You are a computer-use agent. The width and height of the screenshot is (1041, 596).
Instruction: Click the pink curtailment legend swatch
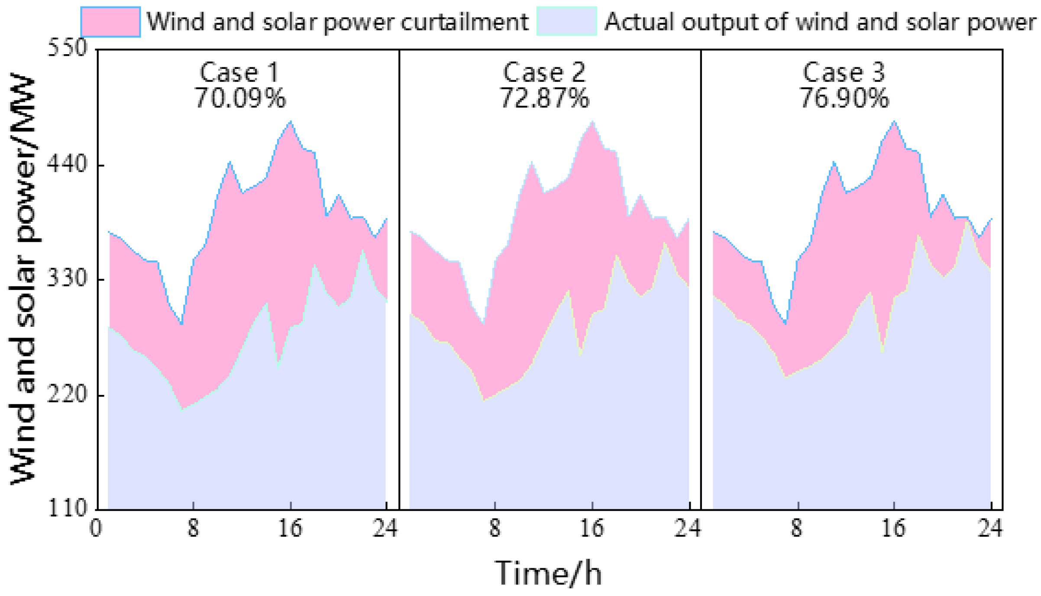[x=110, y=22]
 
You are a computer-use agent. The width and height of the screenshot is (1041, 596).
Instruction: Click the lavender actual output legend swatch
[x=567, y=21]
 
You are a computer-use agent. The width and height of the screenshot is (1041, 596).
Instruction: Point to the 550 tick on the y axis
[x=67, y=48]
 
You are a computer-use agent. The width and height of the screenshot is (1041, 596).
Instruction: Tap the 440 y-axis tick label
[x=67, y=165]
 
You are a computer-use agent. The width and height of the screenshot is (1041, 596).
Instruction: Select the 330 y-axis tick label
[x=67, y=279]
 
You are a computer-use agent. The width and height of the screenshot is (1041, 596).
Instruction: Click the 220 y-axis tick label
[x=67, y=394]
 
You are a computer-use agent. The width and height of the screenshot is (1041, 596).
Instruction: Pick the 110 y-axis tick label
[x=67, y=508]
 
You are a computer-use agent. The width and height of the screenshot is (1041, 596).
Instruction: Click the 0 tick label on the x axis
[x=96, y=528]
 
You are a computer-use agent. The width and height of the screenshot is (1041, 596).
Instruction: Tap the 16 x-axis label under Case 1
[x=290, y=528]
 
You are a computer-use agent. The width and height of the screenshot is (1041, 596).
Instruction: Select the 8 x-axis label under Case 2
[x=495, y=528]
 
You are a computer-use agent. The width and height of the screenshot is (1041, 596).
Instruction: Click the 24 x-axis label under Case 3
[x=990, y=528]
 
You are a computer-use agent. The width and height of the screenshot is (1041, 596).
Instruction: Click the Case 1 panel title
[x=239, y=72]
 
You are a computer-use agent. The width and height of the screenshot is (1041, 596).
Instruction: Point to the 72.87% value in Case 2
[x=545, y=98]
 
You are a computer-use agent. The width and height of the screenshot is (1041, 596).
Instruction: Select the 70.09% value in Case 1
[x=240, y=98]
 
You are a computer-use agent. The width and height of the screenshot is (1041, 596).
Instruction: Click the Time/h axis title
[x=548, y=573]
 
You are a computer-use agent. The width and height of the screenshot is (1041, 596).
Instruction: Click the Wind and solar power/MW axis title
[x=23, y=280]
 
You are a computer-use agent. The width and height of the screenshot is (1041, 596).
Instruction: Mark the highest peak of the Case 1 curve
[x=291, y=121]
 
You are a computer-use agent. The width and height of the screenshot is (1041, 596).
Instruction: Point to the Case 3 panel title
[x=844, y=72]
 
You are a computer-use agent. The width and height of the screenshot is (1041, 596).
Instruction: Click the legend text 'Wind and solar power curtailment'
[x=338, y=22]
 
